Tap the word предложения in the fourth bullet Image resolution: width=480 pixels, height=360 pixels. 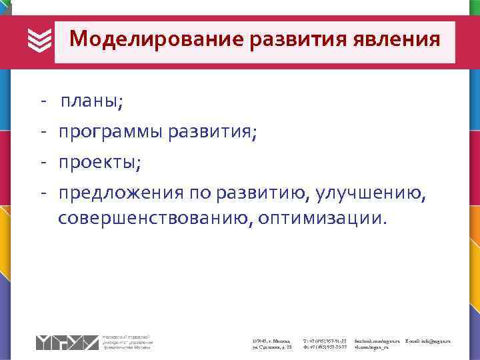120,193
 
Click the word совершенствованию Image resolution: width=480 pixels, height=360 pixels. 153,219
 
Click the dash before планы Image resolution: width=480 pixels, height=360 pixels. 43,102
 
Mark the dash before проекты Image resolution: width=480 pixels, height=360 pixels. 43,162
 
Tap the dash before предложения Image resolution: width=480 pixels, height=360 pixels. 43,193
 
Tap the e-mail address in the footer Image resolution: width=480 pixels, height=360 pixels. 427,341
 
